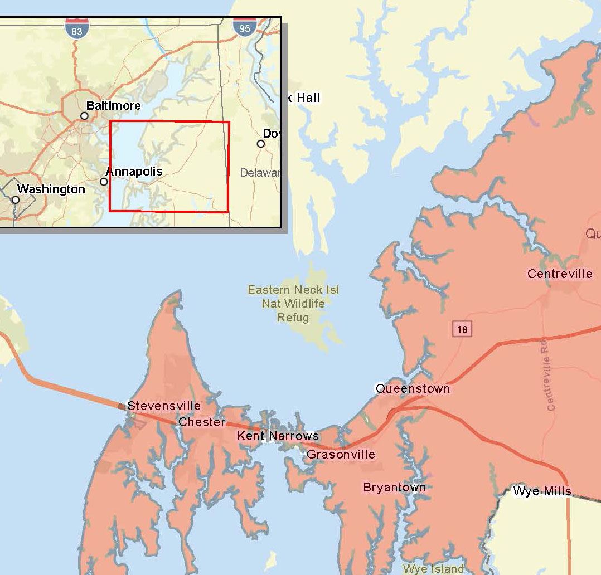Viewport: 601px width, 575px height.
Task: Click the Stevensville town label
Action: pos(164,406)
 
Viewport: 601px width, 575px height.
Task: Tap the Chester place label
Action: pos(202,422)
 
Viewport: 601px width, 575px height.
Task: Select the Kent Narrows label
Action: pos(278,436)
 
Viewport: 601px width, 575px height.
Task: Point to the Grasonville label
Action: pos(341,455)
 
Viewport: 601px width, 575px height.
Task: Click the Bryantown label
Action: pos(395,488)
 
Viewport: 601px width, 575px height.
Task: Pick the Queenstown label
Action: pos(413,389)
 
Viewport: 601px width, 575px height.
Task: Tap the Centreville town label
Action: pos(560,274)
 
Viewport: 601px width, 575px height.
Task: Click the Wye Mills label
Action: pos(542,491)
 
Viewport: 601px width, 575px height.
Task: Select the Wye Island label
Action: pos(433,569)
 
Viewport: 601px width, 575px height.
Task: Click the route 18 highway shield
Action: pos(462,329)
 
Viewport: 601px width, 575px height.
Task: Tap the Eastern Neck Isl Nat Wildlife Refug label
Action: pos(293,304)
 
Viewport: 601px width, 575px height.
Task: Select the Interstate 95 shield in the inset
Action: pos(245,26)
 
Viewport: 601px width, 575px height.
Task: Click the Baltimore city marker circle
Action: pos(84,116)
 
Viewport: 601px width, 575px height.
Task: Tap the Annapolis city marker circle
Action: pos(104,182)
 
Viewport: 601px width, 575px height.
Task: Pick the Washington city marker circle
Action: pos(16,199)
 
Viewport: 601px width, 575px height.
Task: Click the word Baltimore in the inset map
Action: pos(113,105)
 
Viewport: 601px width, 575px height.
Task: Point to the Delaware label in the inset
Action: pos(260,173)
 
